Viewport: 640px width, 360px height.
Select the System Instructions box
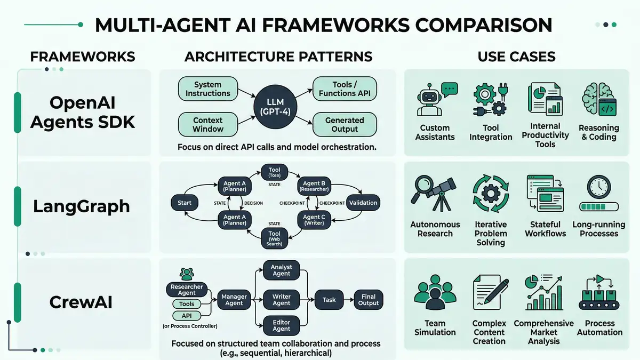tap(207, 89)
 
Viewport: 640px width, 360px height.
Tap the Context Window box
tap(207, 125)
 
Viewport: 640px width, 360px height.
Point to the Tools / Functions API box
tap(345, 89)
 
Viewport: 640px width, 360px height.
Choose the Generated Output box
tap(345, 125)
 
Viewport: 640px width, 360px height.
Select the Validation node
tap(363, 203)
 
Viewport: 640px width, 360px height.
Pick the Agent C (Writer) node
tap(314, 220)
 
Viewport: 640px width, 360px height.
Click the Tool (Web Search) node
tap(275, 237)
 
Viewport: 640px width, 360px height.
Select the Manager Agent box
tap(234, 300)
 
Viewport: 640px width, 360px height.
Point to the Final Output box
tap(369, 300)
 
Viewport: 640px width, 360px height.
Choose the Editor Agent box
tap(282, 326)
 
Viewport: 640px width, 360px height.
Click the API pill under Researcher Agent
tap(187, 316)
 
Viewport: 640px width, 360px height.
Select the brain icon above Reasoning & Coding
tap(598, 100)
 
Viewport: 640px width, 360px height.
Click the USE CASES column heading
tap(516, 57)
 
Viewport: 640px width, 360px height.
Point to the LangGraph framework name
tap(82, 206)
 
